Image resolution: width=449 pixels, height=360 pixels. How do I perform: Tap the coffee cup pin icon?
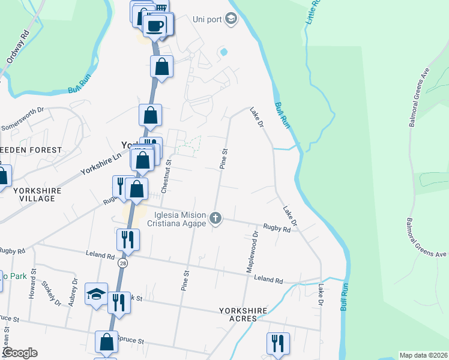[x=155, y=26]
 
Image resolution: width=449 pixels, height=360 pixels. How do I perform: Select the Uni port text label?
[x=208, y=19]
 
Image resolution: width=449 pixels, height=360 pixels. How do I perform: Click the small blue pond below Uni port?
[x=224, y=52]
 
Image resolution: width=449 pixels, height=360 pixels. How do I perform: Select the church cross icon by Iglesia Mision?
[x=215, y=218]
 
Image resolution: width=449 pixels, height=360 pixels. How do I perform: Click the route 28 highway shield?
[x=123, y=262]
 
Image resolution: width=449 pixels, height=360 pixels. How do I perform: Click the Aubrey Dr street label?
[x=74, y=292]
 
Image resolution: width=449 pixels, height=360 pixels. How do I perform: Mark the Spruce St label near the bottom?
[x=132, y=340]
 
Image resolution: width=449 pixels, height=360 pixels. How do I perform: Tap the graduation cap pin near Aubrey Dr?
[x=97, y=295]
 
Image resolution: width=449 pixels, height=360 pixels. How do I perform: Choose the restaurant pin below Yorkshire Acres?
[x=278, y=344]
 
